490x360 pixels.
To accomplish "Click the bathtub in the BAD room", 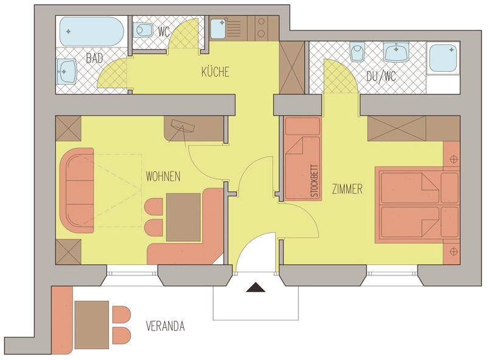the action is pyautogui.click(x=91, y=32).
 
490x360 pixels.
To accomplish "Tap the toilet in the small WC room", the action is pyautogui.click(x=144, y=30).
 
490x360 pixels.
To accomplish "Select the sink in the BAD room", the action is pyautogui.click(x=66, y=71).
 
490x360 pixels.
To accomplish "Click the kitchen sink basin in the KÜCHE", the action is pyautogui.click(x=219, y=29).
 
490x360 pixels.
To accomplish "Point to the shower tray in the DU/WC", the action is pyautogui.click(x=443, y=58).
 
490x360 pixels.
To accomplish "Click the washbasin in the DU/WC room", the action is pyautogui.click(x=396, y=52).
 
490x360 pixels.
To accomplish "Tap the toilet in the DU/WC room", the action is pyautogui.click(x=358, y=51).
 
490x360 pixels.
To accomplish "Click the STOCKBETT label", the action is pyautogui.click(x=314, y=181).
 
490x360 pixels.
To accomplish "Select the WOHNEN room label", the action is pyautogui.click(x=163, y=177).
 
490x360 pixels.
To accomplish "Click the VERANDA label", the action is pyautogui.click(x=166, y=326).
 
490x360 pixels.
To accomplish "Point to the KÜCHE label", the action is pyautogui.click(x=215, y=72).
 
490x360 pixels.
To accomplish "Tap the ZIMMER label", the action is pyautogui.click(x=347, y=189).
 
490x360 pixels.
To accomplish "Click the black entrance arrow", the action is pyautogui.click(x=256, y=288).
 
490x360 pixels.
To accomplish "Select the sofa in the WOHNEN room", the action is pyautogui.click(x=77, y=190).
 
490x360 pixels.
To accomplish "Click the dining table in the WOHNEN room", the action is pyautogui.click(x=183, y=217).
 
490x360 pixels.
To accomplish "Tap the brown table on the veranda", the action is pyautogui.click(x=92, y=325).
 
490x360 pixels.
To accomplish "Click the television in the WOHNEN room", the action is pyautogui.click(x=183, y=126).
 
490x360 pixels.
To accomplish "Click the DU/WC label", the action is pyautogui.click(x=381, y=77).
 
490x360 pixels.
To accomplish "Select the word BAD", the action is pyautogui.click(x=94, y=58).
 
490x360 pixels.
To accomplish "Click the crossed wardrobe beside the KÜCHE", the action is pyautogui.click(x=292, y=67).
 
